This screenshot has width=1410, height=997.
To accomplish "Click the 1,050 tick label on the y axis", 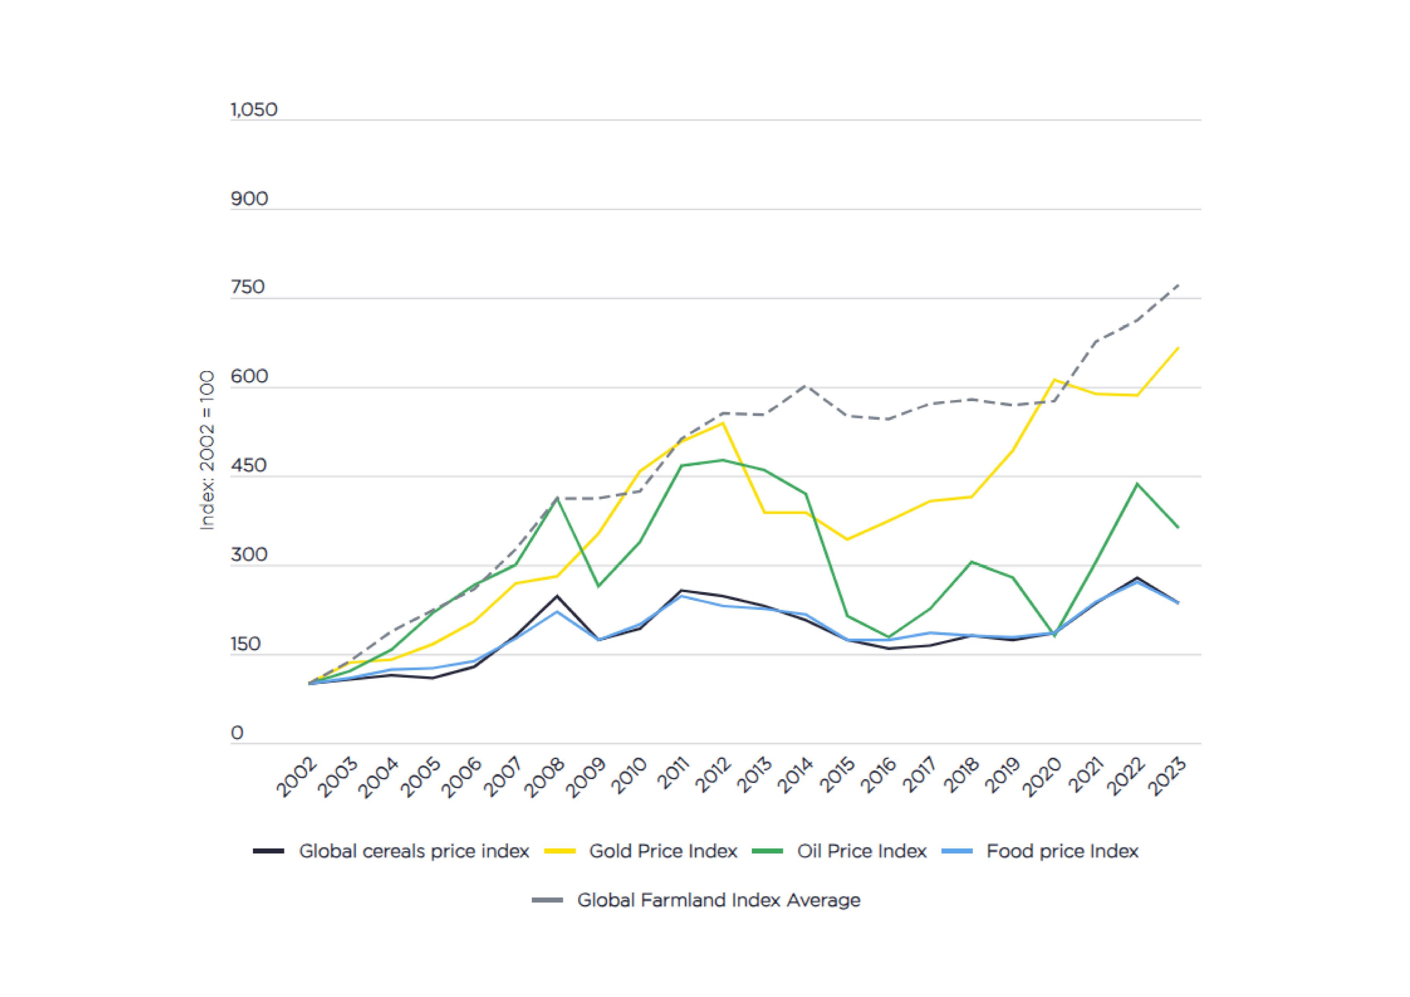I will pyautogui.click(x=254, y=110).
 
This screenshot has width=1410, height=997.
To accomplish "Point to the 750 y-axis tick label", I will pyautogui.click(x=248, y=287).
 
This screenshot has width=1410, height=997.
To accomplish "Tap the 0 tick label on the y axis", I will pyautogui.click(x=237, y=733).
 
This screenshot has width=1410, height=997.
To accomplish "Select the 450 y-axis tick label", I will pyautogui.click(x=249, y=466).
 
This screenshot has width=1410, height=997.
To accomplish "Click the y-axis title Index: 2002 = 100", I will pyautogui.click(x=208, y=450).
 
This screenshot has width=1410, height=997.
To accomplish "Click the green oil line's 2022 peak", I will pyautogui.click(x=1137, y=484).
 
